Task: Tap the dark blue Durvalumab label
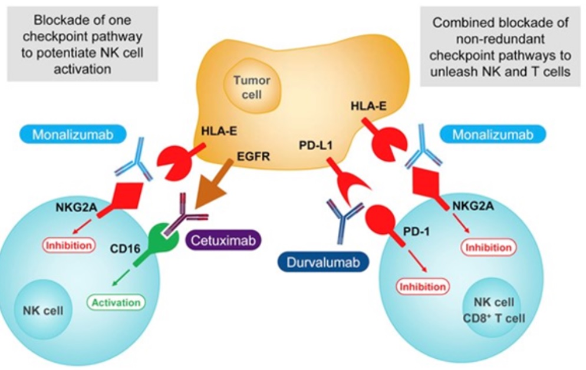[323, 259]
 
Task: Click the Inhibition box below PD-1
[423, 287]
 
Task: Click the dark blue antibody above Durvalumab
[343, 219]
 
